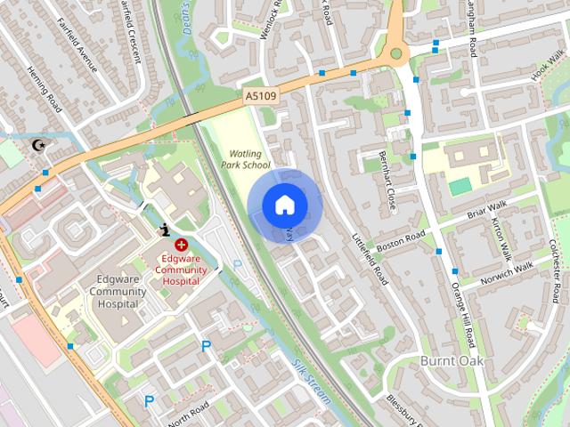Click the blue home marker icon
coord(284,205)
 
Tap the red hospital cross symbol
coord(182,244)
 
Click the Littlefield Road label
coord(370,258)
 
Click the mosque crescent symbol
coord(38,145)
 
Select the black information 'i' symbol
coord(164,230)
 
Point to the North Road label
coord(187,409)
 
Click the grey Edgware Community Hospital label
coord(118,291)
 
